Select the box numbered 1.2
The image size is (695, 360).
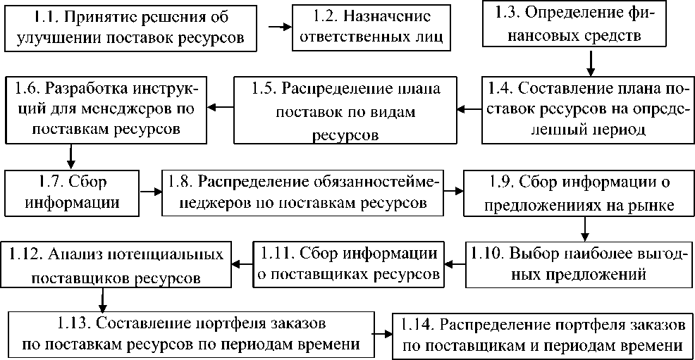[372, 26]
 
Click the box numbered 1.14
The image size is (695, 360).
[542, 335]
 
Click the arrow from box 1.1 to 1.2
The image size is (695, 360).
[279, 26]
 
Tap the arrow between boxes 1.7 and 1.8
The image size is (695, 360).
[149, 191]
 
